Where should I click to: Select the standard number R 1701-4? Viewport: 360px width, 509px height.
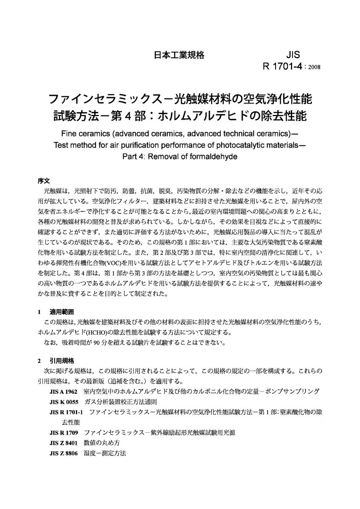(x=283, y=66)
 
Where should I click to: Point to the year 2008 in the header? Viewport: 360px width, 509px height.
(x=313, y=67)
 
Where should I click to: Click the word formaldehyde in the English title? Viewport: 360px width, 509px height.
(x=212, y=156)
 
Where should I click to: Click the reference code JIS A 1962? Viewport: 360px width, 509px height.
(x=64, y=391)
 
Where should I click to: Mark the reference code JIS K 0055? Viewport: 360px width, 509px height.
(x=64, y=401)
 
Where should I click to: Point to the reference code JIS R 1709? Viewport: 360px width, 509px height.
(x=64, y=433)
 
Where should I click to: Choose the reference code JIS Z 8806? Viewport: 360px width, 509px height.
(x=64, y=453)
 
